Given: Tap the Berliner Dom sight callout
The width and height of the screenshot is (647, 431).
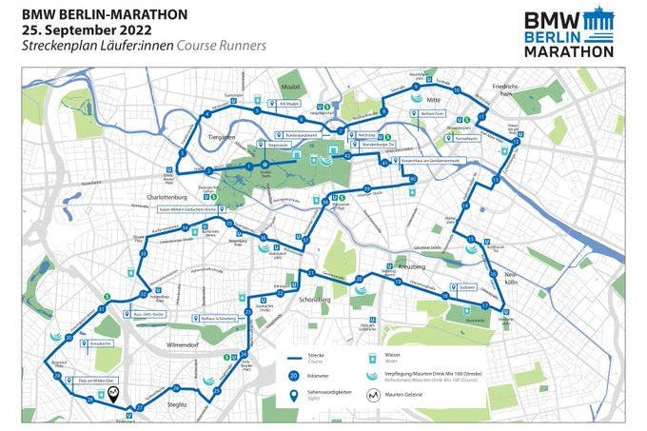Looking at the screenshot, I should [430, 113].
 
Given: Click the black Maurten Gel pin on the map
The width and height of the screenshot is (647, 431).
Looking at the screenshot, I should [114, 397].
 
